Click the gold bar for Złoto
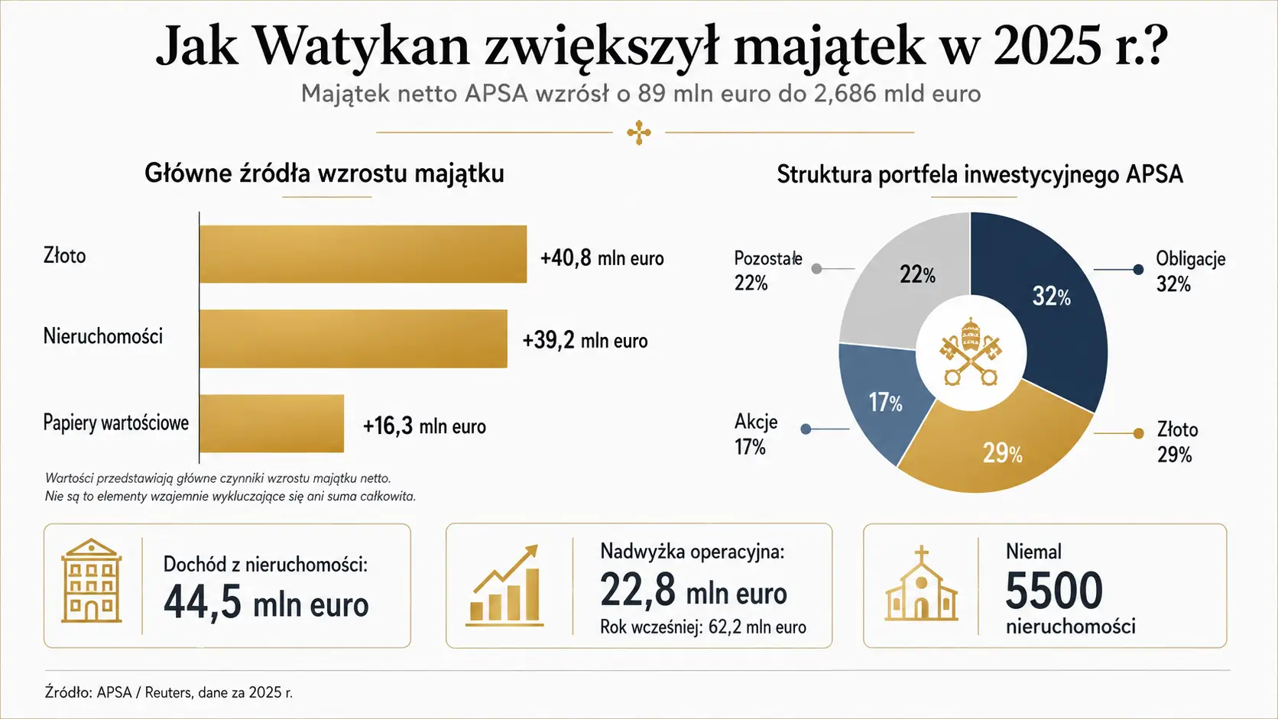click(363, 254)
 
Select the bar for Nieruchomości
click(353, 338)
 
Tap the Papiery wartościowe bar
click(271, 423)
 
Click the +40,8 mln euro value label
click(602, 258)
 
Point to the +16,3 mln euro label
click(424, 426)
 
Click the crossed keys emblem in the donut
click(971, 352)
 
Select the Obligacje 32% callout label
click(1191, 270)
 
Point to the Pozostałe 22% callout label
click(768, 270)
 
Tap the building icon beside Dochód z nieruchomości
click(91, 581)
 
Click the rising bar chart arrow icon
click(504, 585)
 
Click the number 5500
click(1054, 591)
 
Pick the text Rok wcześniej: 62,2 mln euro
click(703, 627)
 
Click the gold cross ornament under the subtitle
click(639, 132)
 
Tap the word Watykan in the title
click(361, 46)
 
